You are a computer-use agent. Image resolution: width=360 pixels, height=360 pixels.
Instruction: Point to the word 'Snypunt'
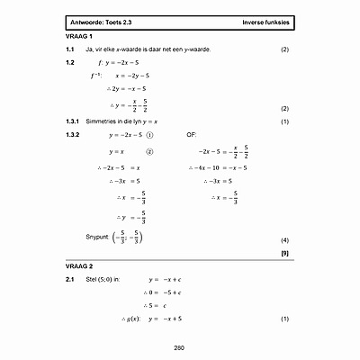pyautogui.click(x=96, y=236)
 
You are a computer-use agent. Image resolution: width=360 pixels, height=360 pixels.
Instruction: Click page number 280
pyautogui.click(x=178, y=347)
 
